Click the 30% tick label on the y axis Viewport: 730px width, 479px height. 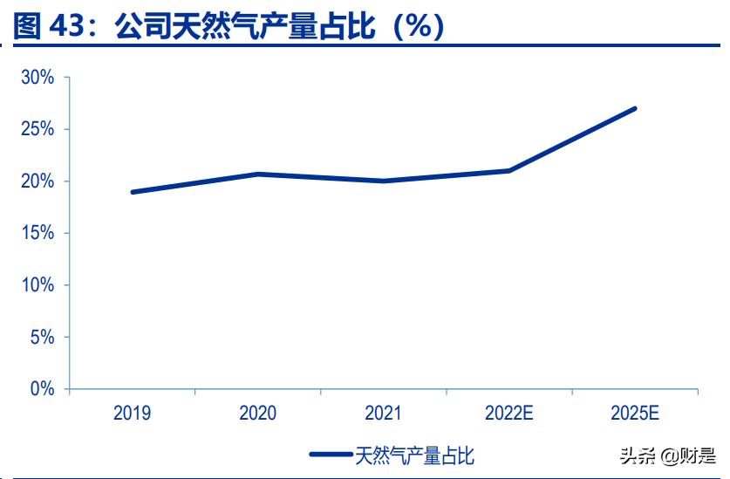pos(38,78)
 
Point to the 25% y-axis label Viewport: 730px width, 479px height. pos(38,129)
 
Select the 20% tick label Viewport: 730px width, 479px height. pos(38,181)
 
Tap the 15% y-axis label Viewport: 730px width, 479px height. pos(38,233)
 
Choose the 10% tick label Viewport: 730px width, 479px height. pos(38,285)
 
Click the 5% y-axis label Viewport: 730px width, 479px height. pos(42,337)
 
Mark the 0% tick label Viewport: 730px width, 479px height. pos(42,389)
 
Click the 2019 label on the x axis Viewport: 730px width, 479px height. pos(132,414)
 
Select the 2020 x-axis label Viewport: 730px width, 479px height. pos(257,414)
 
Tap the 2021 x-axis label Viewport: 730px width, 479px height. pos(383,414)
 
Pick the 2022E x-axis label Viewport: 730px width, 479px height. pos(508,414)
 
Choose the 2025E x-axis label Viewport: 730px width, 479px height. pos(634,414)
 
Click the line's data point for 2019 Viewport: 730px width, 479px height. pos(133,192)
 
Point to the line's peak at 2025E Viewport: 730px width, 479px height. pos(634,109)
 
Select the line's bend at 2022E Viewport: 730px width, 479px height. pos(508,170)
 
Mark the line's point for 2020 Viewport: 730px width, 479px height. pos(257,174)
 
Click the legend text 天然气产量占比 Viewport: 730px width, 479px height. pos(414,455)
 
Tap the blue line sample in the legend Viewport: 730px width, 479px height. pos(331,455)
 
